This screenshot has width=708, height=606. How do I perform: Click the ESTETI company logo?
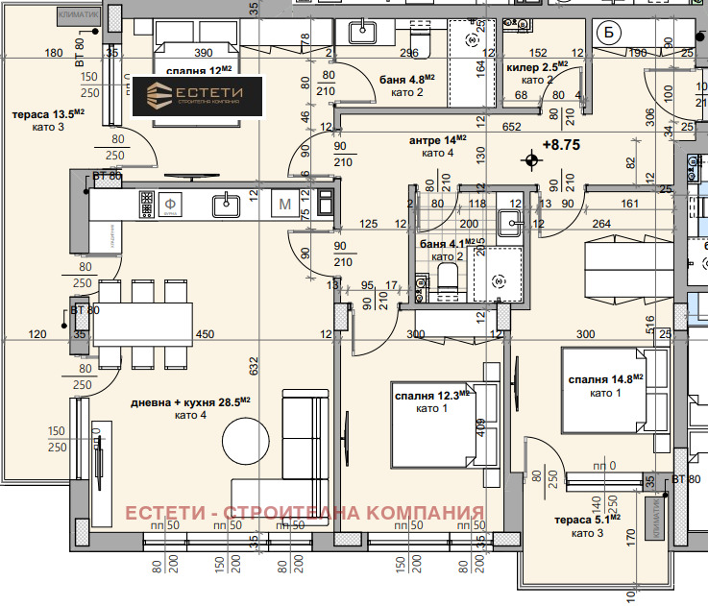[199, 96]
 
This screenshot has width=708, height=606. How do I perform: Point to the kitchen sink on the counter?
[227, 204]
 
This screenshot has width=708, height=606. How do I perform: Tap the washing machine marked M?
[285, 204]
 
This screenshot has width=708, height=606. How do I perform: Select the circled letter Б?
[608, 33]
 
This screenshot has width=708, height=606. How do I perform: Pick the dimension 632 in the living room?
[253, 365]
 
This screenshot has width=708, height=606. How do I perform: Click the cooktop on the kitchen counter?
[146, 203]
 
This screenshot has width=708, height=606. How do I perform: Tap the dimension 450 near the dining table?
[205, 334]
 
